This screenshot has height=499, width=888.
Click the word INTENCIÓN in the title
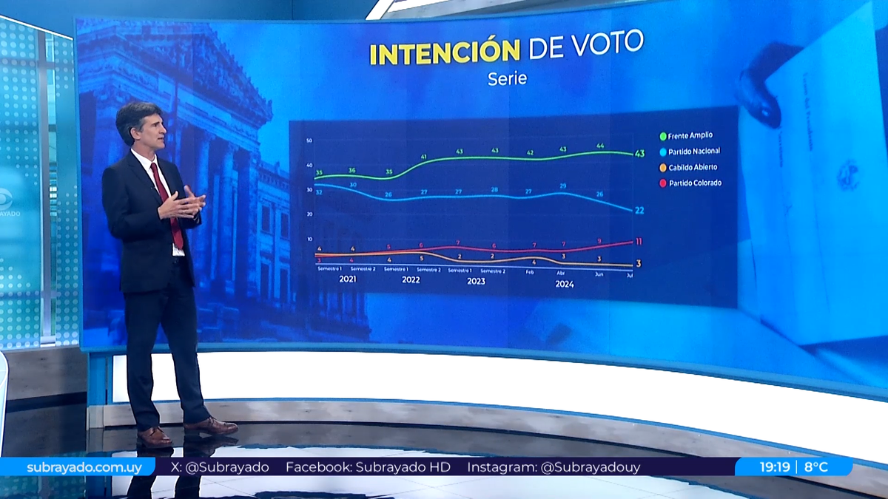(x=444, y=53)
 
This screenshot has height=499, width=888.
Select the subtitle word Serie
(x=507, y=78)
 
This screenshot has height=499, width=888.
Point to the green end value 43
(x=639, y=153)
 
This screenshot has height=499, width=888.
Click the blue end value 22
(x=639, y=211)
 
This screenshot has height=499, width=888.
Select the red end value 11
(x=639, y=242)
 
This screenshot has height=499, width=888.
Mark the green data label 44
(x=599, y=146)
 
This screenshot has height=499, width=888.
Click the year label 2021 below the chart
(x=348, y=280)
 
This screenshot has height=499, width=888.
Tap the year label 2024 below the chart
(x=564, y=283)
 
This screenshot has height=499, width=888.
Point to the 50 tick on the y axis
(x=308, y=140)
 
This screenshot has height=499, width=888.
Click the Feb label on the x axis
(x=529, y=272)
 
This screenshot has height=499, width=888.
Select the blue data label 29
(x=563, y=186)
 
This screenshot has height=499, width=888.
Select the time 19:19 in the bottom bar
(x=775, y=467)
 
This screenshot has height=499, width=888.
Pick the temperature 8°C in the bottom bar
(x=818, y=467)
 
